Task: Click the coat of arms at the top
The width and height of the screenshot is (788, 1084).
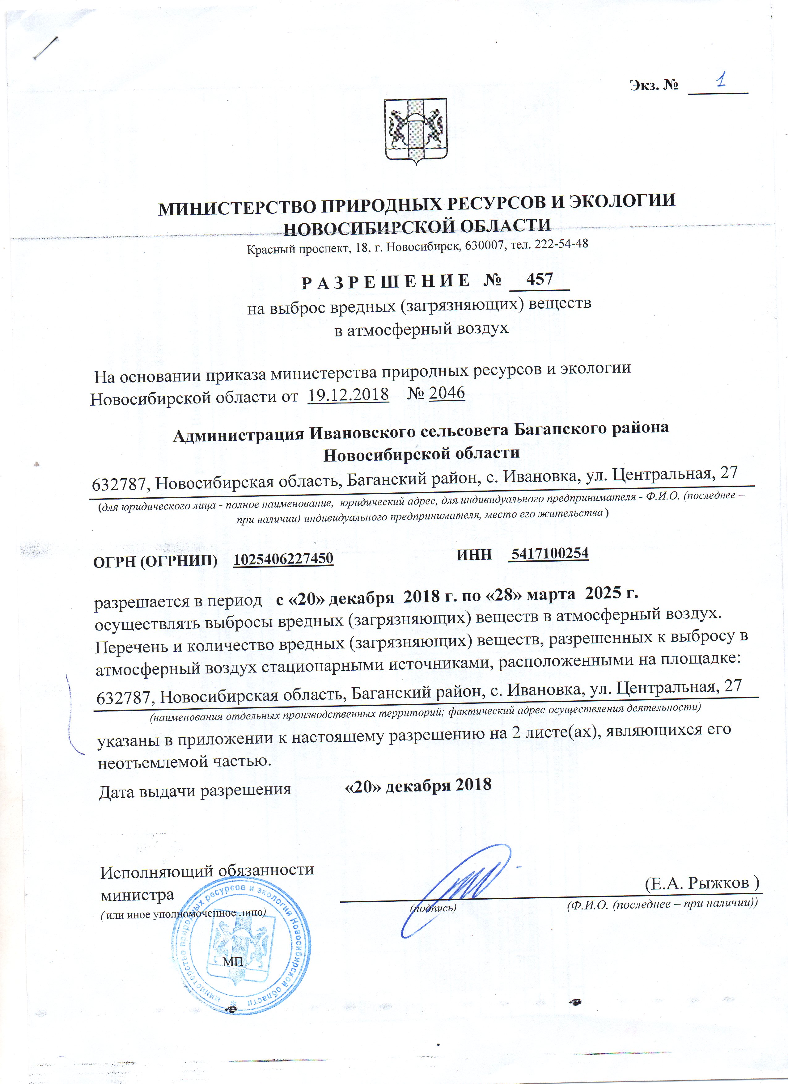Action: [416, 131]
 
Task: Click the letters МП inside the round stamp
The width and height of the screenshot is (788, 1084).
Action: [233, 961]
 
